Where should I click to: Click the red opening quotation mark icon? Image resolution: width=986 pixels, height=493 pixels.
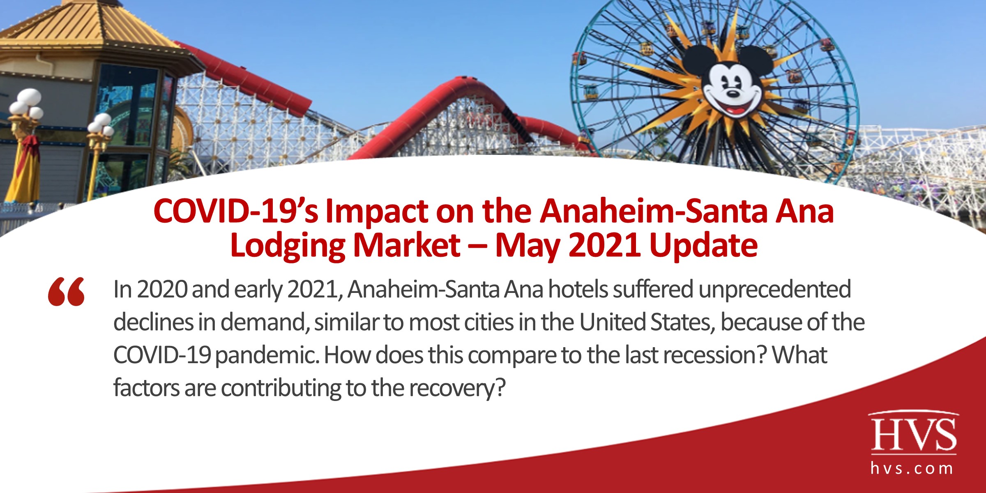tap(66, 292)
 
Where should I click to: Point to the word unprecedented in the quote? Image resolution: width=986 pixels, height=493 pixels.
tap(774, 289)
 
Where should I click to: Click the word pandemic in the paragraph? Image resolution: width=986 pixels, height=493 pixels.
tap(267, 355)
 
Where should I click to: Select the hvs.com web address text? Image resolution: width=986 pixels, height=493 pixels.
tap(912, 468)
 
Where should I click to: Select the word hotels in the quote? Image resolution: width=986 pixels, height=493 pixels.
tap(578, 289)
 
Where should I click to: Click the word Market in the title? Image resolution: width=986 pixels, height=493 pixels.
tap(406, 246)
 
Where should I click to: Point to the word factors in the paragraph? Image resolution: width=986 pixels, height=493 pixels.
tap(146, 388)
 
